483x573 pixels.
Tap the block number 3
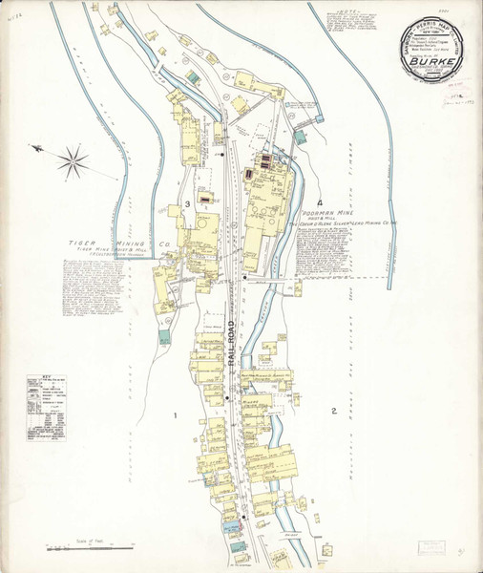[188, 204]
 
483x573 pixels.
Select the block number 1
[176, 414]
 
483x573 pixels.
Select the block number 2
[334, 412]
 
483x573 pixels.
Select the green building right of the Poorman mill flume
[300, 138]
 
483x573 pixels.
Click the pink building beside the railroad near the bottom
[233, 526]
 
